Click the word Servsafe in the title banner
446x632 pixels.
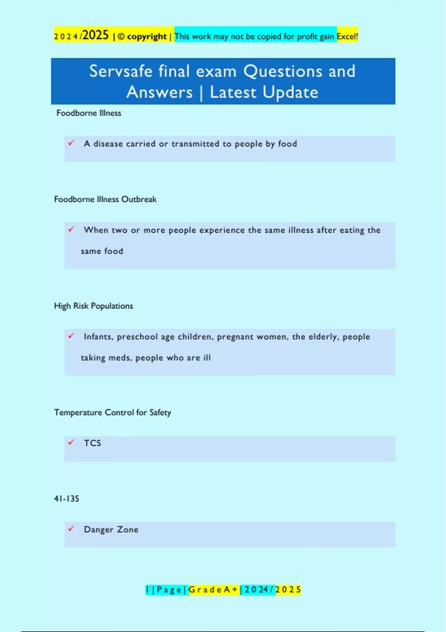tap(121, 71)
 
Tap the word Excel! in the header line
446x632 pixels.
tap(347, 36)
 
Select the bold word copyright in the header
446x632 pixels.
tap(147, 36)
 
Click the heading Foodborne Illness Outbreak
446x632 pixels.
tap(105, 199)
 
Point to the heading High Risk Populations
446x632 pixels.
tap(93, 306)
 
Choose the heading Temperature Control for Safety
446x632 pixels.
tap(113, 412)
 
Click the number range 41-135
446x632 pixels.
tap(67, 499)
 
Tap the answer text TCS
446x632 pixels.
tap(92, 443)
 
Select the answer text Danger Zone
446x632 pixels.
tap(111, 529)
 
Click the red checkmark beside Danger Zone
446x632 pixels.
tap(71, 528)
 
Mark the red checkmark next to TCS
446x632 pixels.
tap(71, 442)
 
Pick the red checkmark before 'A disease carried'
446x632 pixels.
tap(71, 143)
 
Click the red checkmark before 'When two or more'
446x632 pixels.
tap(71, 229)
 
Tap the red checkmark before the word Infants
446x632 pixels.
tap(71, 336)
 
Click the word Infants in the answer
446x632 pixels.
tap(98, 337)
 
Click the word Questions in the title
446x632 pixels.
tap(283, 71)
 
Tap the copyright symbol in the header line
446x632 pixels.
tap(121, 37)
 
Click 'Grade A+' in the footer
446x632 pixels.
tap(213, 590)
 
